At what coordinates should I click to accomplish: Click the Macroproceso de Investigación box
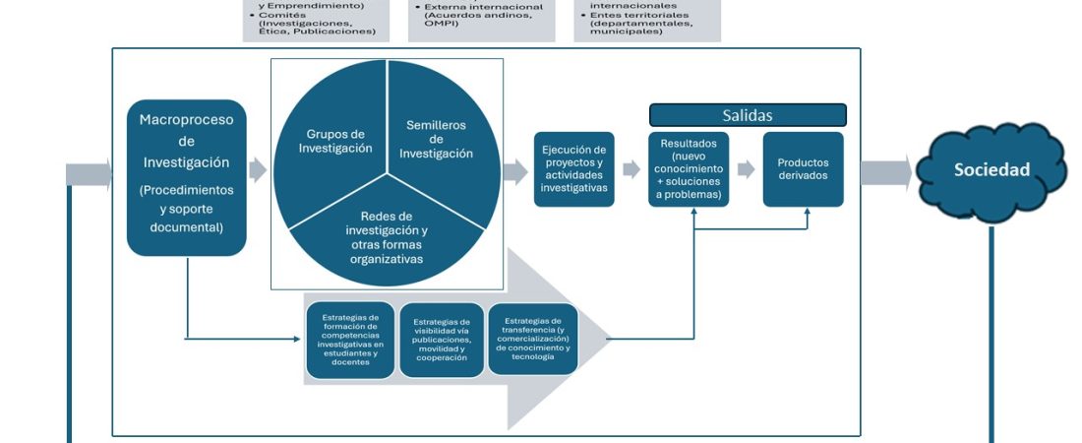pos(187,177)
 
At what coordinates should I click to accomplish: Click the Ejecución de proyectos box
pos(573,168)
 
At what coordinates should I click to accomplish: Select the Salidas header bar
pos(748,115)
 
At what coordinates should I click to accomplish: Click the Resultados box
pos(690,168)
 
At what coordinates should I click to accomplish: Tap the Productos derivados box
pos(803,168)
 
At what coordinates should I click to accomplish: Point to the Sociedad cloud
pos(991,170)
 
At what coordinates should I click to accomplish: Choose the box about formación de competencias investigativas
pos(350,340)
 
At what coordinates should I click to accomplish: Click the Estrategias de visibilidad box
pos(442,340)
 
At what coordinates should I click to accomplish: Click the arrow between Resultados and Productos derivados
pos(746,169)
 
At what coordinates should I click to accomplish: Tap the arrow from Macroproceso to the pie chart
pos(258,169)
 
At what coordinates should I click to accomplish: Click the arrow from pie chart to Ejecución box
pos(515,172)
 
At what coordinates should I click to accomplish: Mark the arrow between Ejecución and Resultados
pos(631,169)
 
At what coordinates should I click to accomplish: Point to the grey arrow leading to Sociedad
pos(885,172)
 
